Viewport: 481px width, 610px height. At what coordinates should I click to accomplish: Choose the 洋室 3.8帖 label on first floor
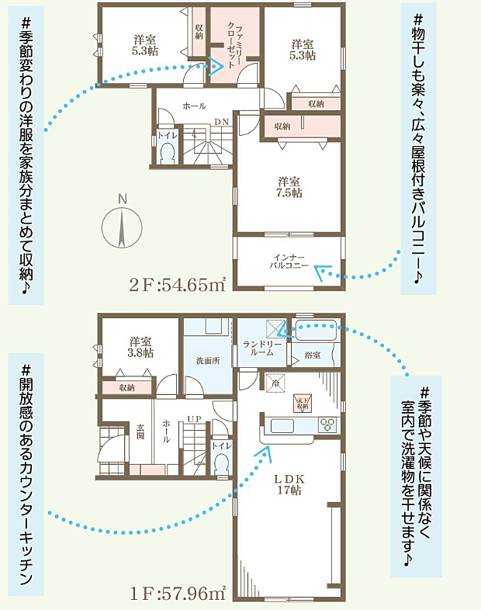click(x=140, y=346)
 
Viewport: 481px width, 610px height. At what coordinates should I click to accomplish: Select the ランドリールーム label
click(x=258, y=348)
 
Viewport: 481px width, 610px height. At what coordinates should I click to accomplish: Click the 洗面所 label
click(x=207, y=360)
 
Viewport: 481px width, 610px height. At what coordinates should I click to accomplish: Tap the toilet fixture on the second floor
click(x=167, y=152)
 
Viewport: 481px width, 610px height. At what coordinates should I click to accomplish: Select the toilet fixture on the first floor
click(x=222, y=463)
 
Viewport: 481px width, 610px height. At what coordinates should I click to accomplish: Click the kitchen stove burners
click(x=327, y=425)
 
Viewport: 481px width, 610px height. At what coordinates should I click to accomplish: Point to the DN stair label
click(x=221, y=121)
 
